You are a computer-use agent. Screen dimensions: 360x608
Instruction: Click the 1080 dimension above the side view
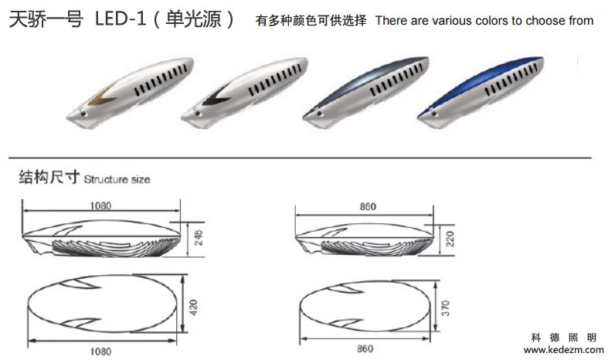100,206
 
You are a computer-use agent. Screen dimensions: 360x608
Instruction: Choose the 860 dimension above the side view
367,207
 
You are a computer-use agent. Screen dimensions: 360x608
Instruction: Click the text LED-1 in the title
118,20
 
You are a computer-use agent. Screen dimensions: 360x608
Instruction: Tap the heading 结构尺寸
49,178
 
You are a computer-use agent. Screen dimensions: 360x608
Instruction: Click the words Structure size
117,179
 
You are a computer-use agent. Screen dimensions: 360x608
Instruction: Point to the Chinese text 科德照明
564,338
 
